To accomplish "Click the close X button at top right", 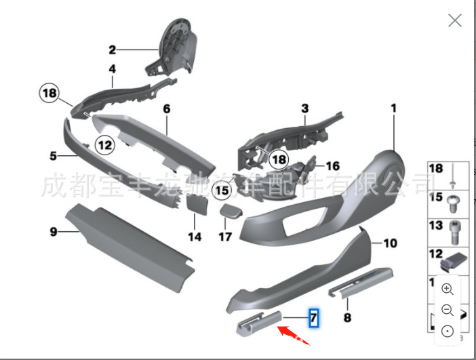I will pyautogui.click(x=454, y=20).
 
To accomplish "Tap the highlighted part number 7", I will pyautogui.click(x=313, y=317).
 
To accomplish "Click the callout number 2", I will pyautogui.click(x=113, y=49).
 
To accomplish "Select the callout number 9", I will pyautogui.click(x=53, y=232).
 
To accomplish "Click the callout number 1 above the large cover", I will pyautogui.click(x=393, y=108).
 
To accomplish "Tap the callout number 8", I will pyautogui.click(x=346, y=317).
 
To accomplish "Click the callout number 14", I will pyautogui.click(x=195, y=237).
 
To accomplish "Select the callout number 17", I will pyautogui.click(x=225, y=237).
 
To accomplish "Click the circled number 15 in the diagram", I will pyautogui.click(x=222, y=191).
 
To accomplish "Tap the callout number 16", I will pyautogui.click(x=332, y=165).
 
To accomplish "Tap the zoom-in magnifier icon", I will pyautogui.click(x=448, y=288).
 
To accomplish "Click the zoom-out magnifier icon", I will pyautogui.click(x=448, y=310).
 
